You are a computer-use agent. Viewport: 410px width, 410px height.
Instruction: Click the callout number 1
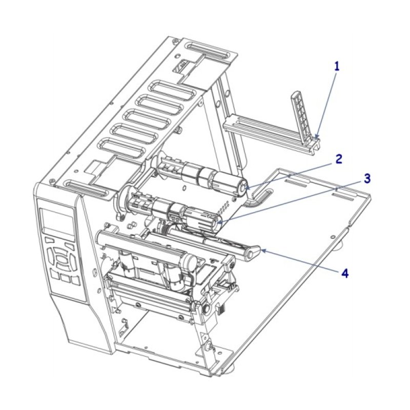click(337, 66)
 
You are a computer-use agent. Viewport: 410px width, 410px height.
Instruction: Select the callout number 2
click(338, 158)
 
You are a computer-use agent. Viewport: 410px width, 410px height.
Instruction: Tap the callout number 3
click(367, 178)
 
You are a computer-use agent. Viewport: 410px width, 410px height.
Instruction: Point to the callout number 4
click(345, 273)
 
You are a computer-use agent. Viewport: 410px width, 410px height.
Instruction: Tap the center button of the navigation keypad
click(62, 259)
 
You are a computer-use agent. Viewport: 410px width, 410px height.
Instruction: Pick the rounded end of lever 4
click(252, 253)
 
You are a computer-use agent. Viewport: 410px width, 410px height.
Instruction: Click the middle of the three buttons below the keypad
click(65, 278)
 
